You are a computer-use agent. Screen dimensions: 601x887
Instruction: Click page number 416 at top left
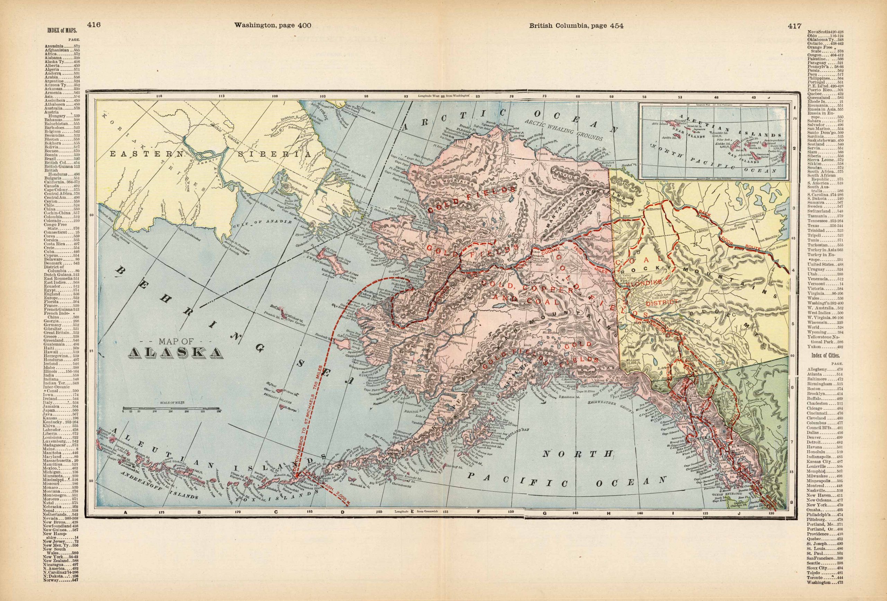point(94,25)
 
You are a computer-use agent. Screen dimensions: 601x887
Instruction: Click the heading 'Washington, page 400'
point(273,26)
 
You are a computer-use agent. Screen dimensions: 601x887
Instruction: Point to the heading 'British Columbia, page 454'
point(576,26)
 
